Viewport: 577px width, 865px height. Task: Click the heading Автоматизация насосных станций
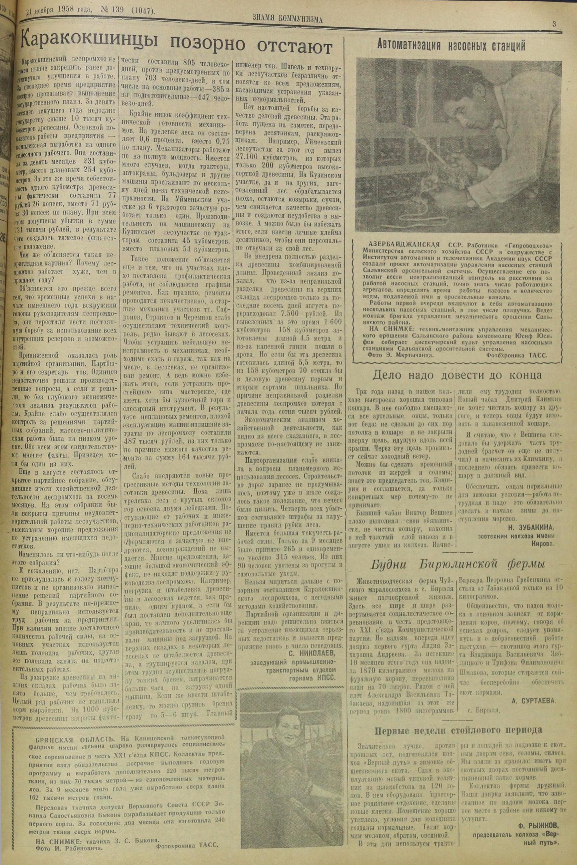coord(451,46)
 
